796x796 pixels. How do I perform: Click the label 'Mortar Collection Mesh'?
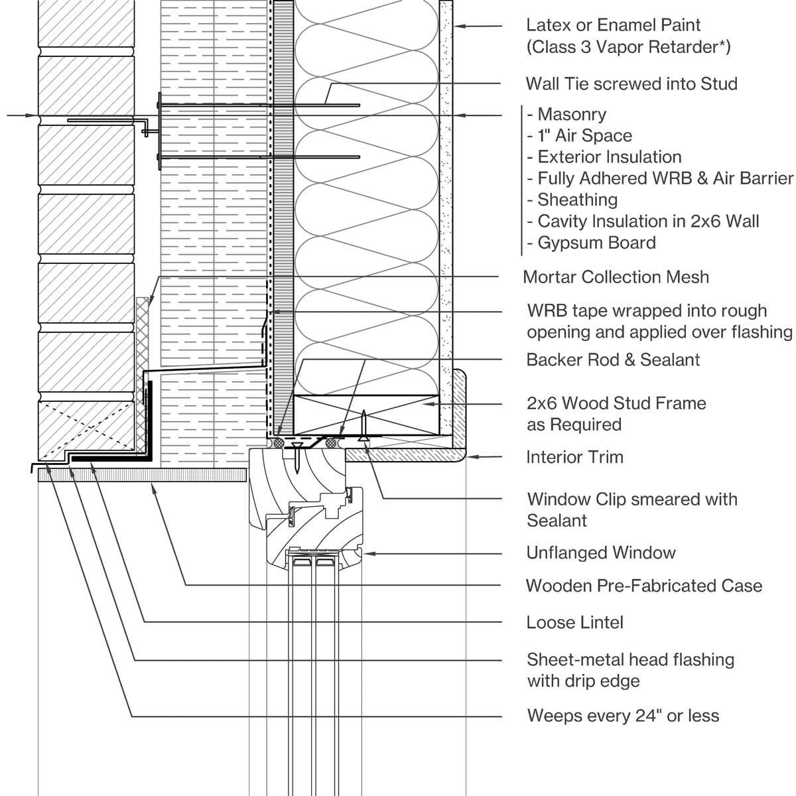pyautogui.click(x=616, y=277)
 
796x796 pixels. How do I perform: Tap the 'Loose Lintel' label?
pyautogui.click(x=574, y=622)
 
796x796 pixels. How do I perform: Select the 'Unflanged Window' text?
pyautogui.click(x=600, y=553)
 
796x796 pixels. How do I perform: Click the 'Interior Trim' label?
pyautogui.click(x=574, y=457)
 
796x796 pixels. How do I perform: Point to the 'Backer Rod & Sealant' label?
pyautogui.click(x=613, y=360)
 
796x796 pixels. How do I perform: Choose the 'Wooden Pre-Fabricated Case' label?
pyautogui.click(x=643, y=586)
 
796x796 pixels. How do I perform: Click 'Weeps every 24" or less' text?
pyautogui.click(x=623, y=716)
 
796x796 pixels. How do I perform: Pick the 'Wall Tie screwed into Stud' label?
pyautogui.click(x=631, y=84)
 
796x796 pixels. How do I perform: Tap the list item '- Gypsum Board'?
pyautogui.click(x=591, y=243)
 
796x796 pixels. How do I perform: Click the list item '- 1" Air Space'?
pyautogui.click(x=579, y=136)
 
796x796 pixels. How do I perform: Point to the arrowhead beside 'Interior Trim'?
pyautogui.click(x=472, y=456)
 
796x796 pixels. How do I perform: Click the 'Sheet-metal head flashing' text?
pyautogui.click(x=630, y=659)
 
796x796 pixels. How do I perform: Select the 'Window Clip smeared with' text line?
pyautogui.click(x=631, y=499)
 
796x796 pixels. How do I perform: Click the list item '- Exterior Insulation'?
pyautogui.click(x=604, y=157)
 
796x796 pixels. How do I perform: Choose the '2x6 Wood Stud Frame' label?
pyautogui.click(x=616, y=403)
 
